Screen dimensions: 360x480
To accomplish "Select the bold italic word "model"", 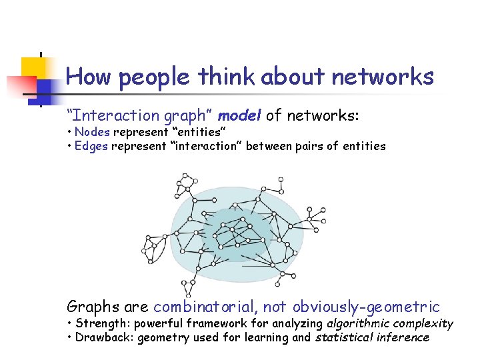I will click(x=240, y=115).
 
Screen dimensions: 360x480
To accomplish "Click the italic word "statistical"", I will click(x=347, y=337).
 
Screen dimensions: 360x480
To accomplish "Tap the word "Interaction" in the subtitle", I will click(x=111, y=115).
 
